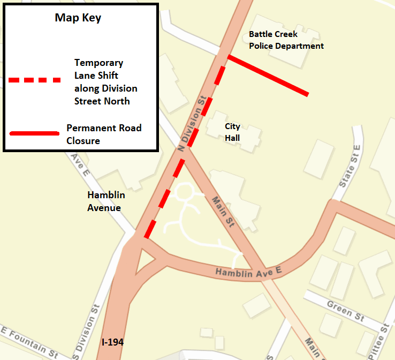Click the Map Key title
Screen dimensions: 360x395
(78, 18)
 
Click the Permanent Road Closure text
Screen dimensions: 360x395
(104, 134)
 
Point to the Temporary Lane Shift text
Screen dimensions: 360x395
(105, 82)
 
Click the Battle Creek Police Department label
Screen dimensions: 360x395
(286, 40)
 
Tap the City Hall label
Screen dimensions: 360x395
(232, 132)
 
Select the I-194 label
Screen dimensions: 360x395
(112, 341)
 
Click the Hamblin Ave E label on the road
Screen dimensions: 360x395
(248, 272)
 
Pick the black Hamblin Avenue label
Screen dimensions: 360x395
(106, 201)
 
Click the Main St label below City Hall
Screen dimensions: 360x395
(223, 212)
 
